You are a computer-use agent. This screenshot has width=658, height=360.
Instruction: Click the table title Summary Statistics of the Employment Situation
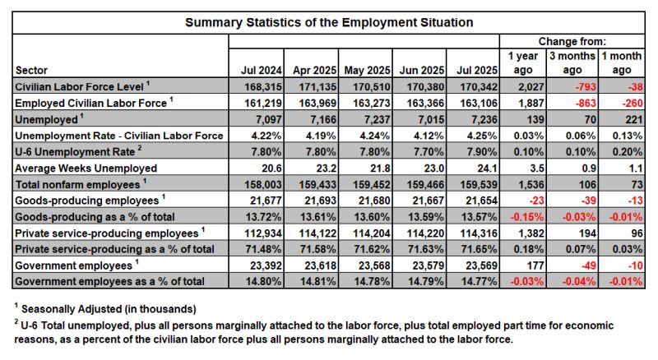(328, 21)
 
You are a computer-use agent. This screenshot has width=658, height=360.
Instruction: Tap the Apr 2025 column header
(312, 69)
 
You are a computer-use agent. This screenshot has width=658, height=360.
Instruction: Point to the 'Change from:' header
(572, 40)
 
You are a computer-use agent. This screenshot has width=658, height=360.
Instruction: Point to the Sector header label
(33, 70)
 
